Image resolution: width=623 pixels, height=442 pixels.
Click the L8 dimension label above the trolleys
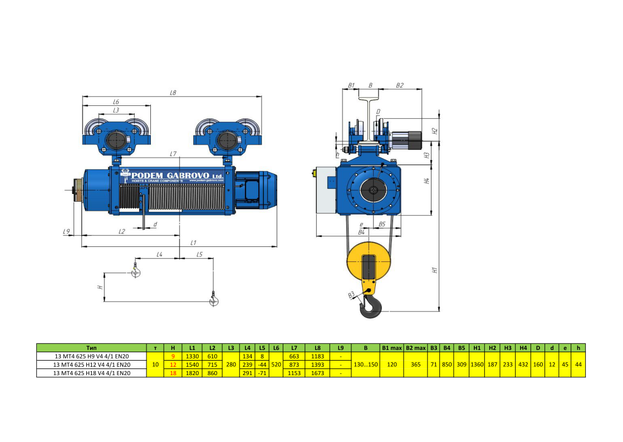(x=173, y=93)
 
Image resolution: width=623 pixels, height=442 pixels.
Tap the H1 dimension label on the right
(x=435, y=270)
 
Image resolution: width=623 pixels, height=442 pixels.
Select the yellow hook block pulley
(x=368, y=262)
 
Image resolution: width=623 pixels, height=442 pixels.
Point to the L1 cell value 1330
(x=192, y=356)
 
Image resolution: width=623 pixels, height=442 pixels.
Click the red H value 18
(x=173, y=373)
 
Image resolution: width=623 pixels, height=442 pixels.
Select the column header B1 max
(x=392, y=348)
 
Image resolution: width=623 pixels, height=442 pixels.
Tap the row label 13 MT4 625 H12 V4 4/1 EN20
(x=92, y=365)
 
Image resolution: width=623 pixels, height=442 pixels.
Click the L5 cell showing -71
(x=262, y=373)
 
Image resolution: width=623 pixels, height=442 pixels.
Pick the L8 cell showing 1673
(x=317, y=373)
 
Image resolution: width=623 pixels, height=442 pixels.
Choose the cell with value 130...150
(x=366, y=365)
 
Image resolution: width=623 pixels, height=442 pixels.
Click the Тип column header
(x=91, y=348)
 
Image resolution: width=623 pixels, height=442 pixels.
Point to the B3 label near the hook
(x=351, y=295)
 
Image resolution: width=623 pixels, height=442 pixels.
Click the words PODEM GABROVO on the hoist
(x=170, y=176)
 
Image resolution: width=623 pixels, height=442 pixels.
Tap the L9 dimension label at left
(x=66, y=231)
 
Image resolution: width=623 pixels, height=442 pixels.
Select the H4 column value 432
(x=523, y=365)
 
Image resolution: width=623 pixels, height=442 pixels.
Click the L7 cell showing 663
(x=294, y=356)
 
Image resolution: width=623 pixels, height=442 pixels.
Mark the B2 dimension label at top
(x=400, y=85)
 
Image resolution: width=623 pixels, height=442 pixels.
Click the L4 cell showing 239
(x=247, y=365)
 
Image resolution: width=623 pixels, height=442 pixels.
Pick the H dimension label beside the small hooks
(x=101, y=287)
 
